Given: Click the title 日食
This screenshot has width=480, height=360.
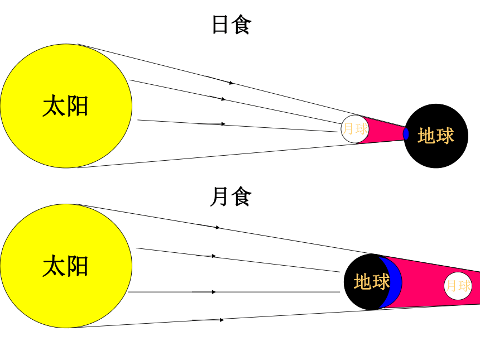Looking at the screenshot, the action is (x=232, y=25).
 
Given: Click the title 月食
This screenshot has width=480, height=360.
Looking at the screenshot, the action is (x=231, y=196).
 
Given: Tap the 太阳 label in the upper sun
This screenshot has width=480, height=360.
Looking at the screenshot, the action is (x=65, y=105).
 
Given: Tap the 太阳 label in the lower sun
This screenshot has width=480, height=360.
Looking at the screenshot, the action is (x=65, y=266).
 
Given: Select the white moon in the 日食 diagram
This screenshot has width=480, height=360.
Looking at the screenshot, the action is (x=355, y=129).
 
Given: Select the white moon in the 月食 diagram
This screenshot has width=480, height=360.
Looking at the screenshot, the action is (x=458, y=286).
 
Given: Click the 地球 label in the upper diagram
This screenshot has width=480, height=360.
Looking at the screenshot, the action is (x=435, y=136).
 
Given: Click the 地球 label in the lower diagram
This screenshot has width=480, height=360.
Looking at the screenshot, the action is (x=372, y=282).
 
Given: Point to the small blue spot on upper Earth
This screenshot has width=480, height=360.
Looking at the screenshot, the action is (x=406, y=134).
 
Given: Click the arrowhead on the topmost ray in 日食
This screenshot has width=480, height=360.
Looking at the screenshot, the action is (x=232, y=83).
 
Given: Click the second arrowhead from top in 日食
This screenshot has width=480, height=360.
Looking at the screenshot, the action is (x=223, y=99).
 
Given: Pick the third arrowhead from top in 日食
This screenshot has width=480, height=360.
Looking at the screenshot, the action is (x=223, y=124).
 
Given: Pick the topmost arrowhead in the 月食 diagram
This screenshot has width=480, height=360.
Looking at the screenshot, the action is (x=218, y=228).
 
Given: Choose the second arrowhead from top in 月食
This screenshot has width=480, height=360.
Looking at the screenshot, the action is (x=214, y=256).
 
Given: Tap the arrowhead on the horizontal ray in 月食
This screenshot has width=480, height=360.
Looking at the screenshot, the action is (x=214, y=292).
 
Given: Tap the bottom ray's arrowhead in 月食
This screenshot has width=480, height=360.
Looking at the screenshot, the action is (x=222, y=320).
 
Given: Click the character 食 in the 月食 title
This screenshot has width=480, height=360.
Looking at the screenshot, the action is (x=241, y=196).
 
